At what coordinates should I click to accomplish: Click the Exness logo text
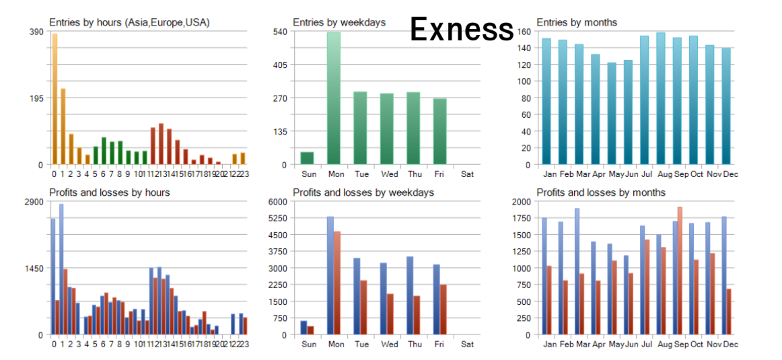[x=462, y=29]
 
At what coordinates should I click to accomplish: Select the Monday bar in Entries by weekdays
[x=334, y=98]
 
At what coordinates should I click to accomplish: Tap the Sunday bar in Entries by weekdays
[x=307, y=158]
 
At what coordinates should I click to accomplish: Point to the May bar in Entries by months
[x=612, y=114]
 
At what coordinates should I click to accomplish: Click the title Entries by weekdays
[x=339, y=22]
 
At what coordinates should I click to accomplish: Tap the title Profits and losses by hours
[x=109, y=192]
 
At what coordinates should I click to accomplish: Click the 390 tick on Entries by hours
[x=36, y=32]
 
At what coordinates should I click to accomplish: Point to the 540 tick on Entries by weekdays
[x=280, y=32]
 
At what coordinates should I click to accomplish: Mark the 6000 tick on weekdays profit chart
[x=278, y=202]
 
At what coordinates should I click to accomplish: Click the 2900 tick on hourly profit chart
[x=34, y=202]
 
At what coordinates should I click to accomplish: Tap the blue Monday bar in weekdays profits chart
[x=330, y=275]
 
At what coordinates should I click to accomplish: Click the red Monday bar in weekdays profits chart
[x=337, y=283]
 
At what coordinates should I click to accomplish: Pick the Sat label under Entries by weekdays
[x=467, y=174]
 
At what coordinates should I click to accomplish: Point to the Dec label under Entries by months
[x=731, y=174]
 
